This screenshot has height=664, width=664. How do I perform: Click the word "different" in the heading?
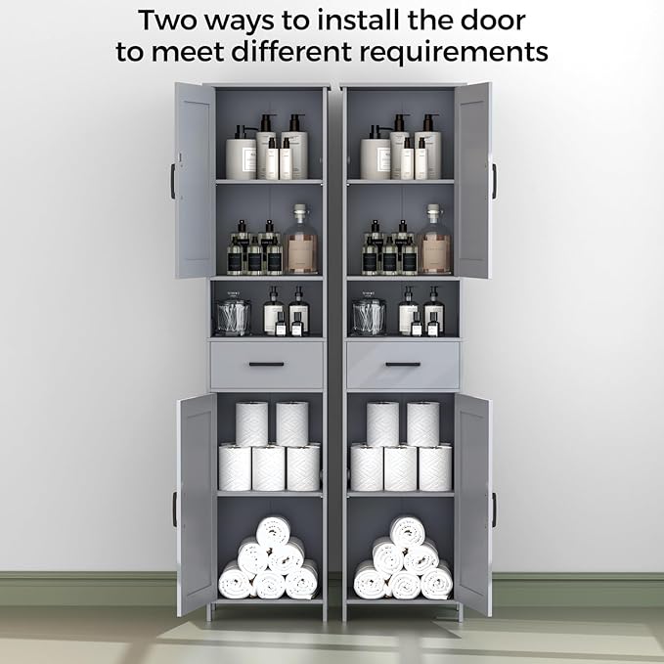point(291,51)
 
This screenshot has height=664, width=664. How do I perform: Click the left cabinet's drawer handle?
point(266,364)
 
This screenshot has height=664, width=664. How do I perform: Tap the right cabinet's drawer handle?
point(403,364)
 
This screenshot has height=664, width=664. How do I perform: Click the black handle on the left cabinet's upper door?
point(173,181)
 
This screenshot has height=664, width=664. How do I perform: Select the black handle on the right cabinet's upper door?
point(494,181)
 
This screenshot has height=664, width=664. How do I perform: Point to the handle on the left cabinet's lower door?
point(174,509)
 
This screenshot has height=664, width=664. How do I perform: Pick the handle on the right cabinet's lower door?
point(494,509)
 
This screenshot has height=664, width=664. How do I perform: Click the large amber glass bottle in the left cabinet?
point(301,240)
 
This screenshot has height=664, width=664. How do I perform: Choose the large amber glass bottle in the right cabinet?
point(434,240)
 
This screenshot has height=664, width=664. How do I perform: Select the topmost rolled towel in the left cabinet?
point(273,531)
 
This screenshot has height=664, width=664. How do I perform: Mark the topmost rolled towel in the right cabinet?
point(407,531)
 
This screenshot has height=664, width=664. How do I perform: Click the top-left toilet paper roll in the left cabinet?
point(251,423)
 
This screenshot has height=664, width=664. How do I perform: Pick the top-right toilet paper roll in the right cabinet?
point(423,423)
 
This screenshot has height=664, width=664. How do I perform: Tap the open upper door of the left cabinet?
point(196,180)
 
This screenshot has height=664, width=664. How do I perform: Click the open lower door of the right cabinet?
point(473,504)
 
